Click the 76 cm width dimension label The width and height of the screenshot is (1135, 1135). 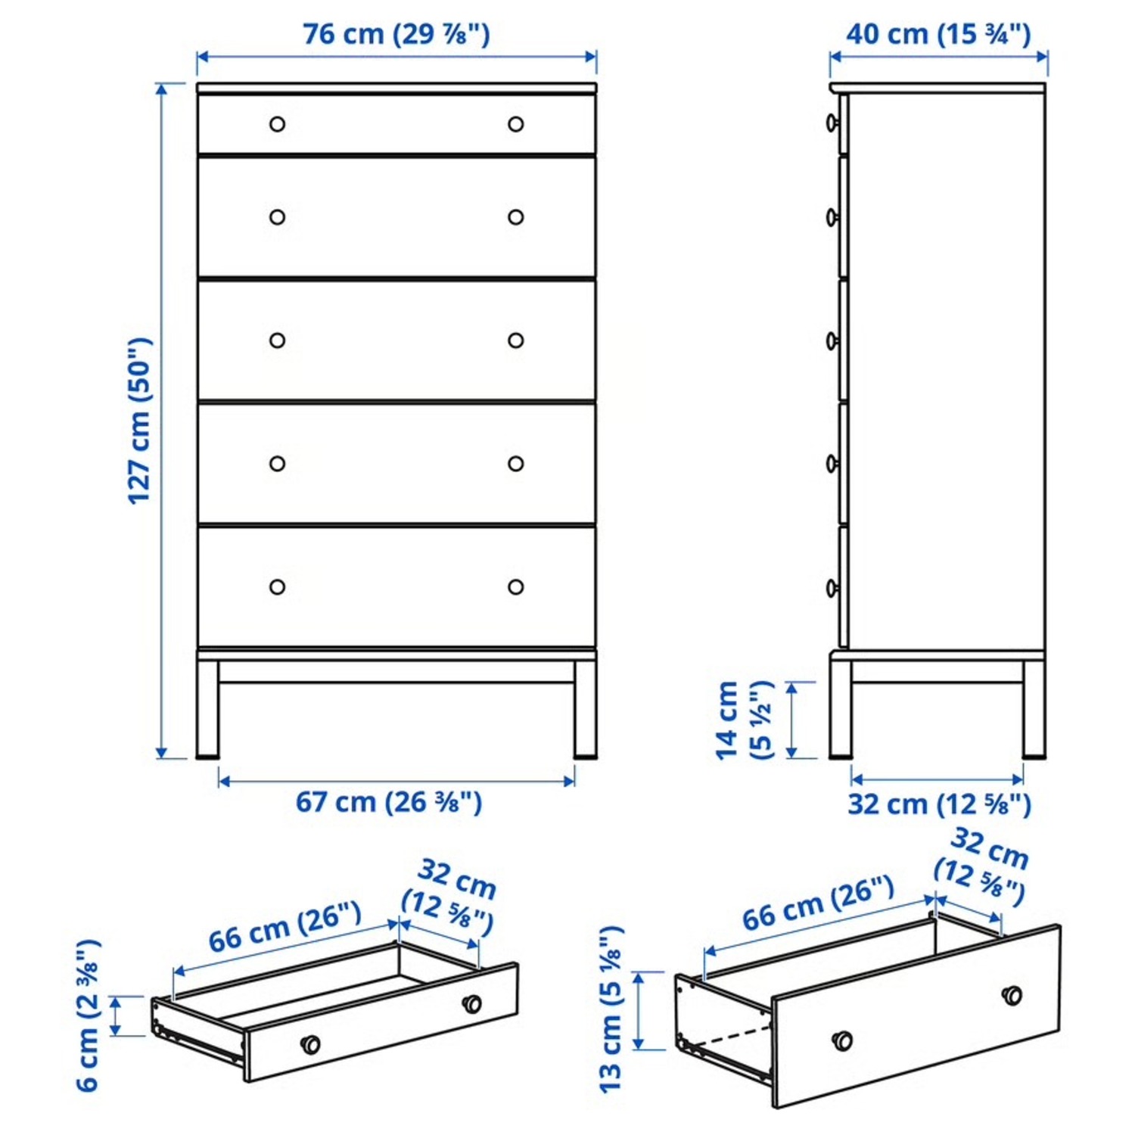point(396,35)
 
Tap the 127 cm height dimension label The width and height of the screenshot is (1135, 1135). point(140,421)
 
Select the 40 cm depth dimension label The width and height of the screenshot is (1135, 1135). point(938,35)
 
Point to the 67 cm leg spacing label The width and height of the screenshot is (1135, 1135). point(388,802)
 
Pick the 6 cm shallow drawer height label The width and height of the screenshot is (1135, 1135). point(88,1015)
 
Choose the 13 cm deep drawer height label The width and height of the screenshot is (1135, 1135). point(611,1009)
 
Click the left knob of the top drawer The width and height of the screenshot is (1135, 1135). point(278,124)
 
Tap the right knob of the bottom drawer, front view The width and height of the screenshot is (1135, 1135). point(516,586)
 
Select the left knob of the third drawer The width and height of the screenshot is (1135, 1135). point(278,340)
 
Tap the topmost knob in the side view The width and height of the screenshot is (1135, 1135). point(832,123)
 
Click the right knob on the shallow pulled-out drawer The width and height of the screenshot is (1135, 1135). point(471,1004)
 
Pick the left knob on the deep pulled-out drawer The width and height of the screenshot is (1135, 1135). point(841,1041)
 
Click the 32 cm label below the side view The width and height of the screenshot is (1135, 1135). point(938,804)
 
